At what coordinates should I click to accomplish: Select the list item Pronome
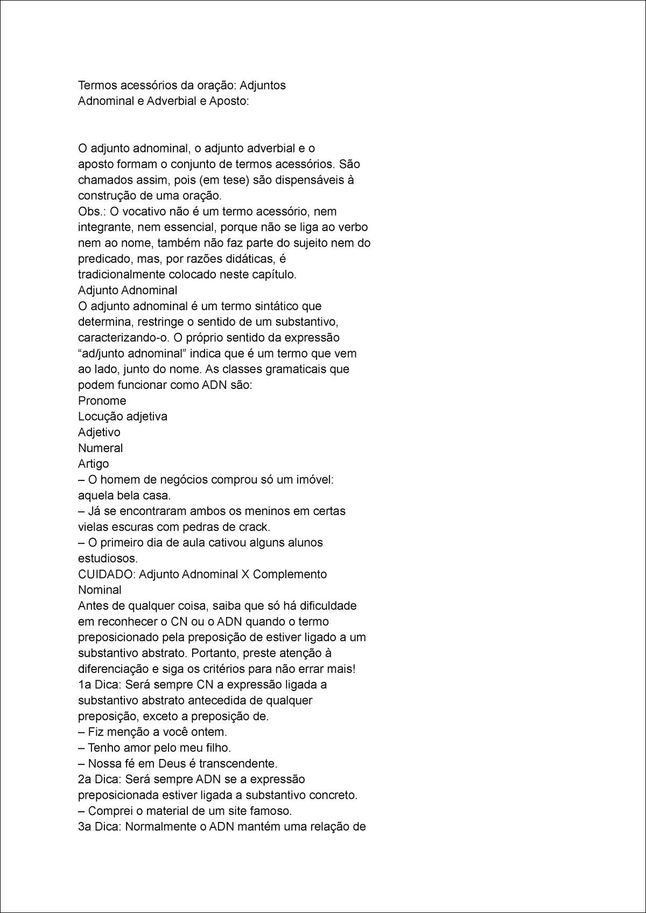tap(102, 401)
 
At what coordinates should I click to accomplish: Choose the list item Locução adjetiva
tap(123, 416)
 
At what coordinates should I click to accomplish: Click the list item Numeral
tap(101, 448)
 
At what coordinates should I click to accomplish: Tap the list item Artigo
tap(94, 464)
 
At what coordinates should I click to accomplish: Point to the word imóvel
tap(314, 479)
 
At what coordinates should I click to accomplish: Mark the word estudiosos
tap(108, 558)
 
